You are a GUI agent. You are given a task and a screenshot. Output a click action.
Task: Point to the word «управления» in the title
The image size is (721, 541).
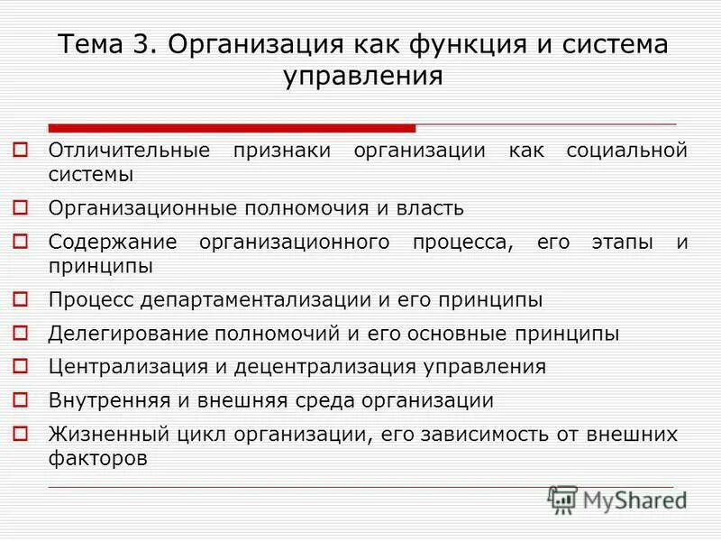363,75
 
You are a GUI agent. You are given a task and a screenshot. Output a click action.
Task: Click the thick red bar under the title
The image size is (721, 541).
232,128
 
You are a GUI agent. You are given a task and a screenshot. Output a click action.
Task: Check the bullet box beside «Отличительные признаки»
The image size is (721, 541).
23,149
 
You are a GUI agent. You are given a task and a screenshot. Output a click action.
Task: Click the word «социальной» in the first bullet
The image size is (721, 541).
627,150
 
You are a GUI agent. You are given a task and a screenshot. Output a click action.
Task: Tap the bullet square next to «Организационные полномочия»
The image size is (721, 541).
23,207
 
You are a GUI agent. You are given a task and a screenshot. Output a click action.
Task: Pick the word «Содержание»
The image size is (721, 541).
106,243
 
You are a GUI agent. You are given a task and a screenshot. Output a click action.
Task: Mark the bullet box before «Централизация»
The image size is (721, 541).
23,366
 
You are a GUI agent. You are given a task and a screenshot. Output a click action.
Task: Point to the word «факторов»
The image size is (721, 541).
97,457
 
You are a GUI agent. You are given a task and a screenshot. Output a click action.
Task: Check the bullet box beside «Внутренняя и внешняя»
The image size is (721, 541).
23,399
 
